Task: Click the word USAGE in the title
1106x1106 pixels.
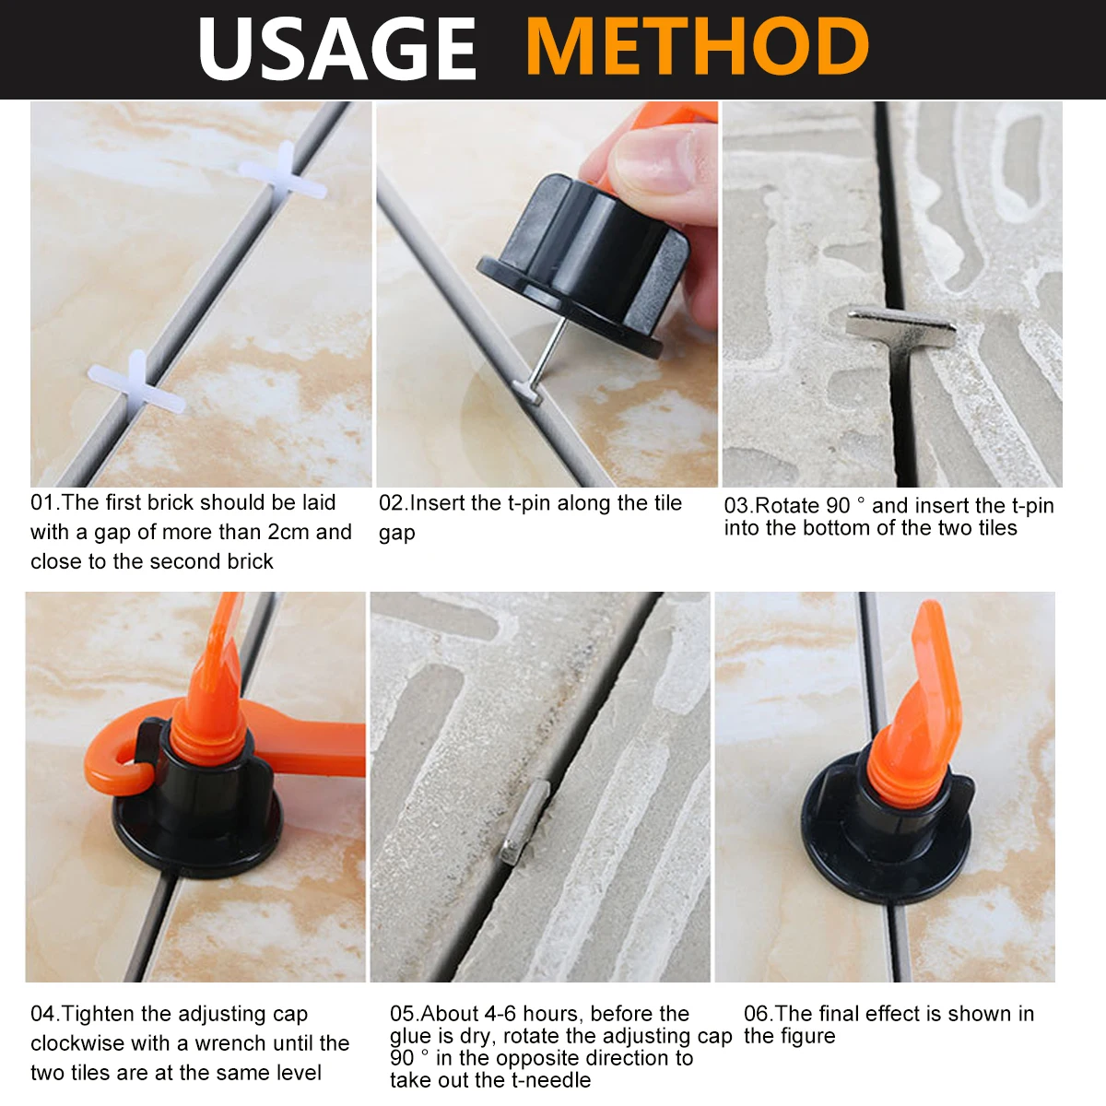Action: [x=337, y=48]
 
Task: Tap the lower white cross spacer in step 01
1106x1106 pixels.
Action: [x=136, y=383]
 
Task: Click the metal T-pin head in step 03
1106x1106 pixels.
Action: [x=900, y=326]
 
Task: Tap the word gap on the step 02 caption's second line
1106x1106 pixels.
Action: [x=396, y=534]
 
